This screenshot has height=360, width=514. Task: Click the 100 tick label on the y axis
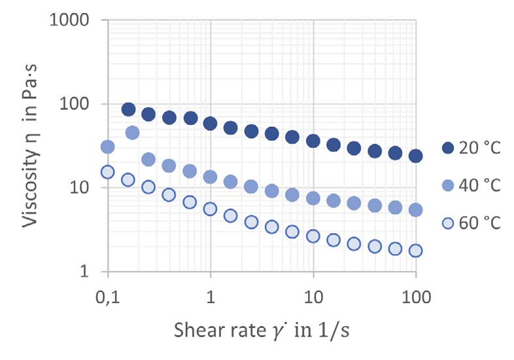tap(78, 104)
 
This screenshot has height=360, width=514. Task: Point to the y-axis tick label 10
tap(83, 188)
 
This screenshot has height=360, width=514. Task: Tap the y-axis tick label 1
tap(88, 271)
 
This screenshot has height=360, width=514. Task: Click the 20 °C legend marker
tap(449, 148)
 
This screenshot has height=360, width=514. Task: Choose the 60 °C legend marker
tap(449, 223)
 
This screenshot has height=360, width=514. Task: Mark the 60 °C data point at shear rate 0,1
tap(108, 172)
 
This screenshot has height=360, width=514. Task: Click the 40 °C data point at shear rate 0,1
tap(108, 146)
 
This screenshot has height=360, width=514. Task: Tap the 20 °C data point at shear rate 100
tap(416, 155)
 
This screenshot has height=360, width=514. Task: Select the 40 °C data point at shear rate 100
tap(416, 210)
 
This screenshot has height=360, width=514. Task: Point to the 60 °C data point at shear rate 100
tap(416, 250)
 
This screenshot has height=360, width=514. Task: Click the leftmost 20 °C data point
tap(128, 109)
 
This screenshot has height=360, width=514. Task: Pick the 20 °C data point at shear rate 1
tap(211, 123)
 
